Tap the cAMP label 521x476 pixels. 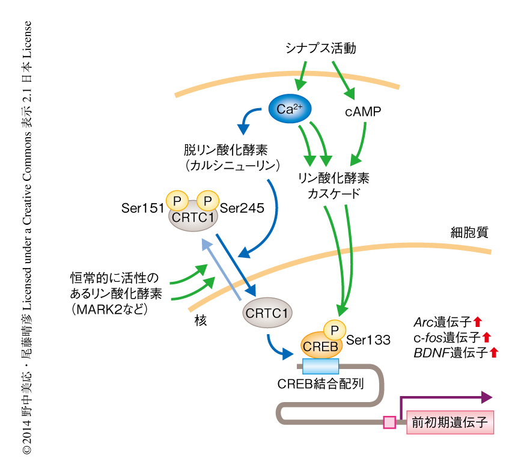[x=362, y=111]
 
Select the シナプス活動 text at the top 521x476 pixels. [x=321, y=49]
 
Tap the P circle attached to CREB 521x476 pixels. [x=333, y=329]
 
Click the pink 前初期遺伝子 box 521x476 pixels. [x=449, y=423]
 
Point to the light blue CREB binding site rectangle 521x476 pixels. [x=320, y=366]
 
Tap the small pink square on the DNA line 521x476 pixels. [x=389, y=423]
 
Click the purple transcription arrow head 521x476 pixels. [x=486, y=397]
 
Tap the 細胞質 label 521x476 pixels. [x=469, y=232]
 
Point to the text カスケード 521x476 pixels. [x=334, y=194]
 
